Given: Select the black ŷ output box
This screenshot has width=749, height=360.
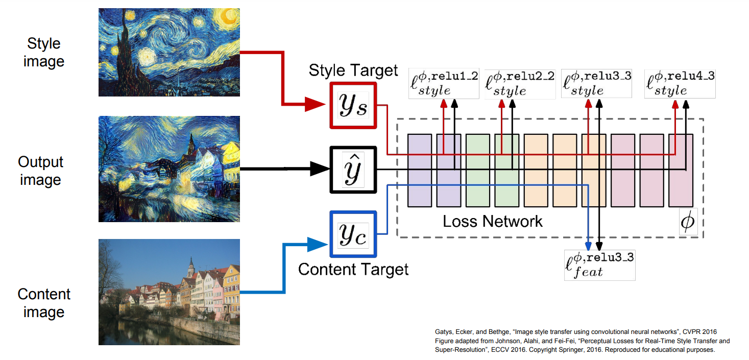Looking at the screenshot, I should coord(353,170).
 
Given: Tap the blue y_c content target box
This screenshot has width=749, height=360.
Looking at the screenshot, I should coord(353,234).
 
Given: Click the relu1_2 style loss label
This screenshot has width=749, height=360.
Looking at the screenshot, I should coord(444,84).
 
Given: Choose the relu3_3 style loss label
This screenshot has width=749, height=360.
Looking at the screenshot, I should coord(596,84).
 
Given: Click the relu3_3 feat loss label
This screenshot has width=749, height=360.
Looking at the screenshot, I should coord(599,265).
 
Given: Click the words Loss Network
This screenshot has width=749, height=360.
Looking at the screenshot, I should coord(493,221).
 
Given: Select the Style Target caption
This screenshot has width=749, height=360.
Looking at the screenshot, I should coord(353,70).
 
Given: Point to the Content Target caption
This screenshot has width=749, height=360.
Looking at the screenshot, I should coord(353,269).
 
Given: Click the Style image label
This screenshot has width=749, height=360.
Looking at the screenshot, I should coord(44,53).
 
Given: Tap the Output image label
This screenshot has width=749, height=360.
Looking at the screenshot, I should coord(41,171).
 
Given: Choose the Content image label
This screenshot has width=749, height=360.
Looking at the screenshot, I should coord(44,303).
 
